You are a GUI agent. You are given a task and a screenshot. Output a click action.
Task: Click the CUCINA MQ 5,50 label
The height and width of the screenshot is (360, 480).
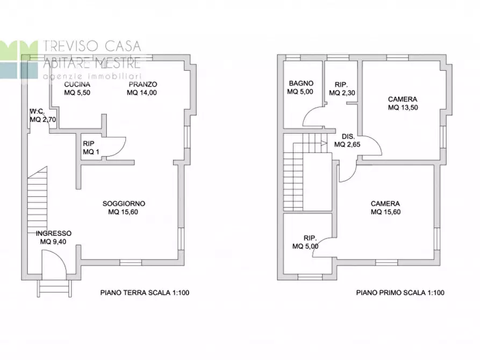coord(77,89)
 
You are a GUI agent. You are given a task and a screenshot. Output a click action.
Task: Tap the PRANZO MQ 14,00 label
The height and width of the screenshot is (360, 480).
coord(142,89)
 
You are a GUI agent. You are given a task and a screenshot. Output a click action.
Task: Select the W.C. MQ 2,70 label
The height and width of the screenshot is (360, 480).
coord(43,116)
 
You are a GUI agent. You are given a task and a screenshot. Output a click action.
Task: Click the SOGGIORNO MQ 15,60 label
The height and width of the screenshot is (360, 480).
coord(124,207)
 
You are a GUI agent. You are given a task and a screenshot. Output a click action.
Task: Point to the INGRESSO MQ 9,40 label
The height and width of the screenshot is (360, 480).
coord(53,237)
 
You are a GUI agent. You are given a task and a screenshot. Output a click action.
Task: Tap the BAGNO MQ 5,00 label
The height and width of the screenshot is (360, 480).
coord(301,88)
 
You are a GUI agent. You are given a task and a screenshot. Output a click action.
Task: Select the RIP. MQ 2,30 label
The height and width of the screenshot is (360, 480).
coord(340,89)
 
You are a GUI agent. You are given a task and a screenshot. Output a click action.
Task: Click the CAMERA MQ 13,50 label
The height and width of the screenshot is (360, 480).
coord(403,103)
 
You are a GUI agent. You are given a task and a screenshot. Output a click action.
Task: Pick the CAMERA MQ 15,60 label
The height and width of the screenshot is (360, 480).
coord(385,207)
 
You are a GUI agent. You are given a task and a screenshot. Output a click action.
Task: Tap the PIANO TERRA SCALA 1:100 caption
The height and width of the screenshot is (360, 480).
coord(145,293)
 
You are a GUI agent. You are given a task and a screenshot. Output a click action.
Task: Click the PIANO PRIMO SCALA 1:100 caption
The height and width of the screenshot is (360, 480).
coord(400,293)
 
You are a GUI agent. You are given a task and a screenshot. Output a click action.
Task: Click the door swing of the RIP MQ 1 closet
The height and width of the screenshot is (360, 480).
coord(116,147)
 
